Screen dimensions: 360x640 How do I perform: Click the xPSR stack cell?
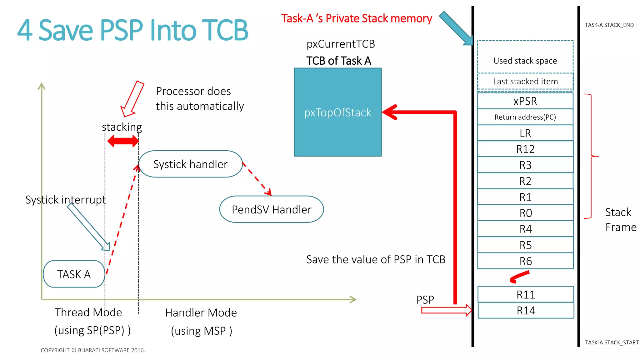pyautogui.click(x=525, y=101)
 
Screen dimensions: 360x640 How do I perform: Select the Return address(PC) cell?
pyautogui.click(x=525, y=117)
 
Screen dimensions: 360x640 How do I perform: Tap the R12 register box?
pyautogui.click(x=525, y=149)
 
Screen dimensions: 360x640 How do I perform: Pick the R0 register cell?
pyautogui.click(x=526, y=213)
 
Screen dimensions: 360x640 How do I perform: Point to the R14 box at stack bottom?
pyautogui.click(x=526, y=311)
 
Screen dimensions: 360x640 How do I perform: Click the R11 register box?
pyautogui.click(x=526, y=294)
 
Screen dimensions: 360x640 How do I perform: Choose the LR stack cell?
pyautogui.click(x=525, y=133)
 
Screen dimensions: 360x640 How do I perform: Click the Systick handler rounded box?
pyautogui.click(x=190, y=164)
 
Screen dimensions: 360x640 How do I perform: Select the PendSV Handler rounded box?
pyautogui.click(x=271, y=209)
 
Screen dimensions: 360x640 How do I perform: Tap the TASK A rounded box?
pyautogui.click(x=74, y=274)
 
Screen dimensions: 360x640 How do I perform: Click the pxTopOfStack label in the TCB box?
pyautogui.click(x=337, y=112)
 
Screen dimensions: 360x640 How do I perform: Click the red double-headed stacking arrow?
pyautogui.click(x=122, y=141)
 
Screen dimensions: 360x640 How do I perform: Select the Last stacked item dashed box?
pyautogui.click(x=525, y=82)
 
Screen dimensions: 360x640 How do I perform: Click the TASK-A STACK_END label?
pyautogui.click(x=609, y=25)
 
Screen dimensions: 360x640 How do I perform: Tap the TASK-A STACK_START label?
pyautogui.click(x=612, y=342)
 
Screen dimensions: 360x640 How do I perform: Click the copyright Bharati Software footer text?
pyautogui.click(x=93, y=350)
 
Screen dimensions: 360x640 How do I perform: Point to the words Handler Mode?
pyautogui.click(x=201, y=312)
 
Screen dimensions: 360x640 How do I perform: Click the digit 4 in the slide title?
pyautogui.click(x=25, y=30)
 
